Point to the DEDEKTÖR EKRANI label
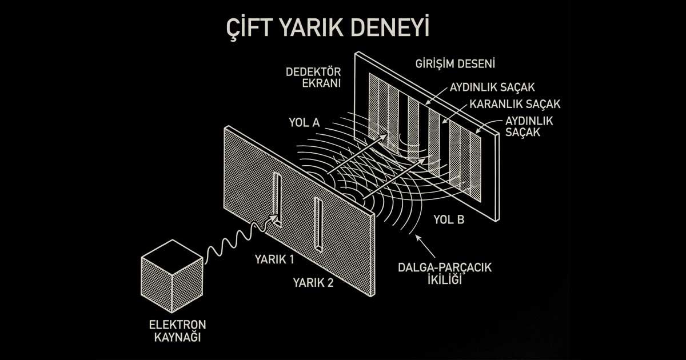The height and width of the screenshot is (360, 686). pos(313,77)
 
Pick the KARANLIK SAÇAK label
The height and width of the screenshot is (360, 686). pos(514,105)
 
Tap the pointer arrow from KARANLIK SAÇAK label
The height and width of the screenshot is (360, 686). pos(452,114)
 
